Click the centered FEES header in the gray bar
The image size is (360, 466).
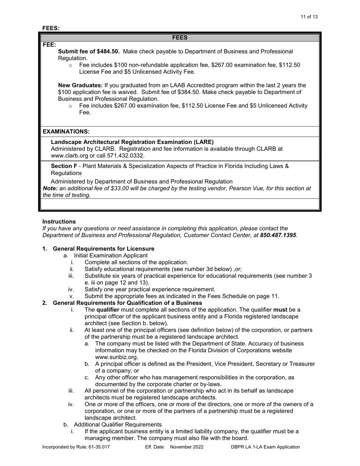click(180, 38)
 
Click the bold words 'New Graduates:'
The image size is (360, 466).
click(80, 85)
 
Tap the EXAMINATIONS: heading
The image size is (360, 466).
click(66, 131)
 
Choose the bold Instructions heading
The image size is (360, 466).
click(59, 222)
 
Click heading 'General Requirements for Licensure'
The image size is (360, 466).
click(103, 249)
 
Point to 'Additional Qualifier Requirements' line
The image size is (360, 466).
click(117, 424)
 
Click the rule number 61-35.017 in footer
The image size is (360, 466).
click(98, 447)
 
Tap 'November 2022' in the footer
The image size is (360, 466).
click(187, 447)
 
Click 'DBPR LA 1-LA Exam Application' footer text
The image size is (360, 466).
click(265, 447)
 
